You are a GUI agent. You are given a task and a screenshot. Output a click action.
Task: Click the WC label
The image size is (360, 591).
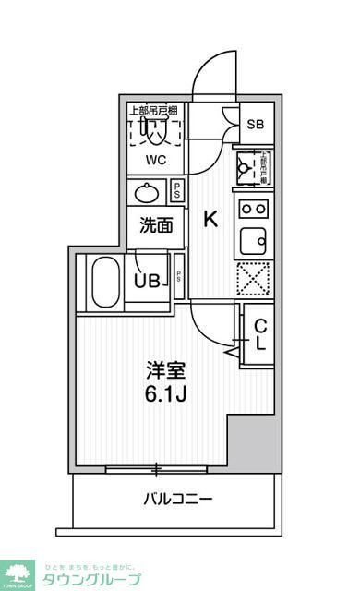[154, 158]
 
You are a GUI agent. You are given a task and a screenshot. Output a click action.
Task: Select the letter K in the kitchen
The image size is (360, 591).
[210, 220]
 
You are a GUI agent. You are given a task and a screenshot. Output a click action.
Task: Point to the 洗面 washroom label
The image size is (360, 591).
[156, 225]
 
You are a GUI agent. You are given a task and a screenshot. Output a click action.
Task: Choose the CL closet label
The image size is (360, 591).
[261, 334]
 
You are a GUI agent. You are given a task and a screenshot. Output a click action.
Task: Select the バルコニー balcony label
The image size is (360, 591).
[178, 500]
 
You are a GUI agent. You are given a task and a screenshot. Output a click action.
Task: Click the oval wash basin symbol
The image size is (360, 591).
[147, 193]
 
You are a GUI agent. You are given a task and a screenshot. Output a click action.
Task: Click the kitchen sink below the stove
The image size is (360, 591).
[253, 243]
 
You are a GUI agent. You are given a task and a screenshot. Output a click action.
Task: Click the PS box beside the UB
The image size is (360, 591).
[179, 278]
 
